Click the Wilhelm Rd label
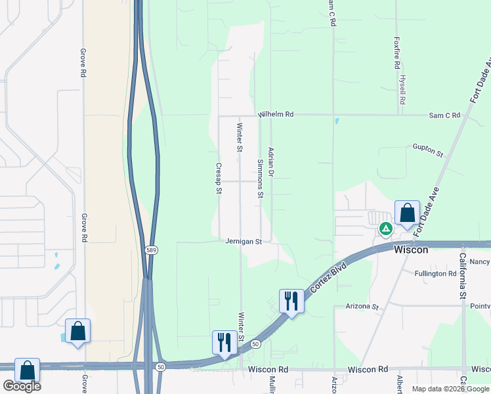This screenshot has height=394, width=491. (x=275, y=114)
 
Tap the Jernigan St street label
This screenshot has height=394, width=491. (x=244, y=242)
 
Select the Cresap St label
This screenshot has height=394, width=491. (x=219, y=179)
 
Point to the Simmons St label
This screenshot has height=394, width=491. (x=261, y=179)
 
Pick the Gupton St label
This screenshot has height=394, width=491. (x=428, y=150)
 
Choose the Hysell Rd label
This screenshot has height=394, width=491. (x=403, y=92)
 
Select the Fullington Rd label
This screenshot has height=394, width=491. (x=436, y=273)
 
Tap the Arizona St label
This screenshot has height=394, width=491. (x=362, y=307)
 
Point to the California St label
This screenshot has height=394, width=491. (x=463, y=276)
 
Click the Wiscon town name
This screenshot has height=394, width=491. (x=411, y=250)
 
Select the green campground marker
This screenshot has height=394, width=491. (x=386, y=229)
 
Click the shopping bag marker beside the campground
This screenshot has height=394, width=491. (x=407, y=213)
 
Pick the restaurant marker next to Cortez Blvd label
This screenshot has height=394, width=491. (x=291, y=301)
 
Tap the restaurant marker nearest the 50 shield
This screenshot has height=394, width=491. (x=224, y=343)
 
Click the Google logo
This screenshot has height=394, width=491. (x=21, y=386)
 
